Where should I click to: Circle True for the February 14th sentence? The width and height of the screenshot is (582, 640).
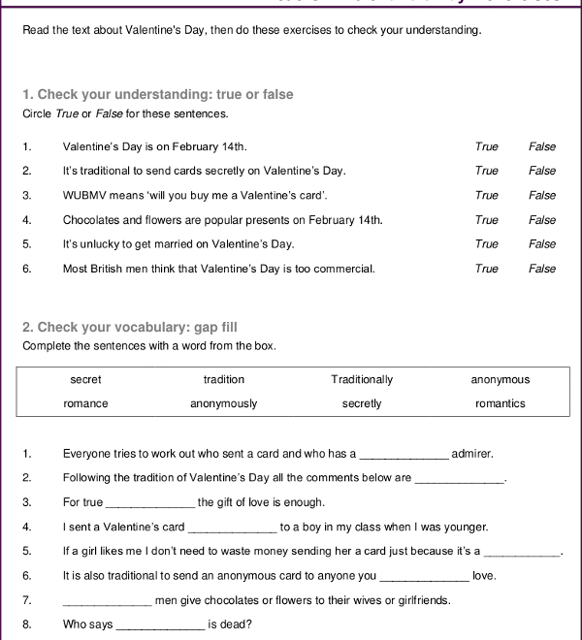point(486,146)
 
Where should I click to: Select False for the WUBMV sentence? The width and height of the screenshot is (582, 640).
point(542,195)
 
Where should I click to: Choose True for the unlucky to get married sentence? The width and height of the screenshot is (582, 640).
point(486,244)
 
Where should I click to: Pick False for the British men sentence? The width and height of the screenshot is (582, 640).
point(542,269)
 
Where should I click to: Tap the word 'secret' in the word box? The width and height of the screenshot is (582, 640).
point(85,379)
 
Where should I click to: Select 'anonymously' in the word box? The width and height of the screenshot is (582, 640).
point(224,403)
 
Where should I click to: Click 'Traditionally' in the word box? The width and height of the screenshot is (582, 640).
point(362,379)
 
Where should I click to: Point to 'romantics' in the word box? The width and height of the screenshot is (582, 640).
point(501,403)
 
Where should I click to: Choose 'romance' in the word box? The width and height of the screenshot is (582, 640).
point(85,403)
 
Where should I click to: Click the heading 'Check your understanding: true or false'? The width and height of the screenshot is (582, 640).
point(157,94)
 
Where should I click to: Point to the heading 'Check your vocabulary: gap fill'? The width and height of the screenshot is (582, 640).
point(129,327)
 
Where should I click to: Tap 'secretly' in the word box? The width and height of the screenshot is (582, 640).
point(362,403)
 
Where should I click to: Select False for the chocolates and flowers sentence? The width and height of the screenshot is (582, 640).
point(542,220)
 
